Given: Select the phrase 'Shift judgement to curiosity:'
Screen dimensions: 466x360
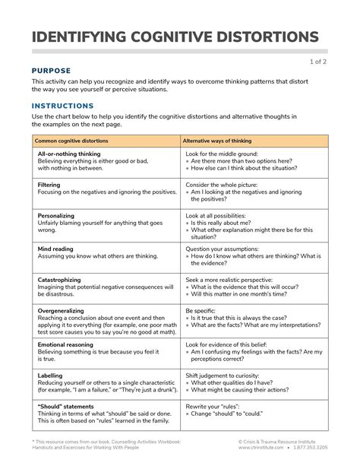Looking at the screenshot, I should point(226,375).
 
